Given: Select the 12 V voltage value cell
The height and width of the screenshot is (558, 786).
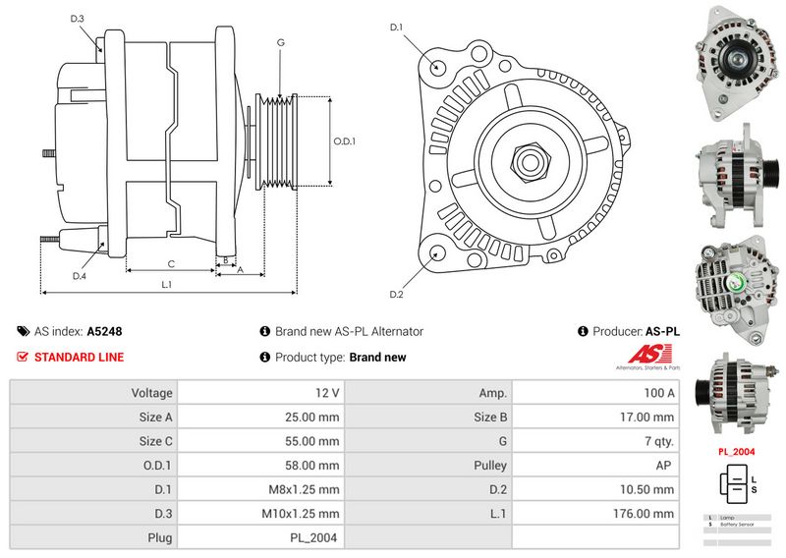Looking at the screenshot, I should click(327, 393).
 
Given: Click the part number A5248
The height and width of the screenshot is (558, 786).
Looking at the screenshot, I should click(104, 332).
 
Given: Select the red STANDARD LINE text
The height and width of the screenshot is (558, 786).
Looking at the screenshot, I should click(79, 358).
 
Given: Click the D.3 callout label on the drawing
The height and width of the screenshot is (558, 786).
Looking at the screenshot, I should click(79, 19).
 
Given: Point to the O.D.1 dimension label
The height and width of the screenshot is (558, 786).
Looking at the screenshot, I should click(344, 140).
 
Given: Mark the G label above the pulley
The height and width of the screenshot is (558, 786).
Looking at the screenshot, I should click(280, 42).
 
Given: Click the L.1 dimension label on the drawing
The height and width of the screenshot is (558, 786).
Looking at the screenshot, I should click(167, 284).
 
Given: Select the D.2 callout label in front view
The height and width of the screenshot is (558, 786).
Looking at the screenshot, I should click(397, 294).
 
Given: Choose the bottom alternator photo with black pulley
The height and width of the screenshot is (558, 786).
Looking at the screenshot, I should click(734, 394).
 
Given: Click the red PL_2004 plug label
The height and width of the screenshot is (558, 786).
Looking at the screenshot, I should click(736, 452).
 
